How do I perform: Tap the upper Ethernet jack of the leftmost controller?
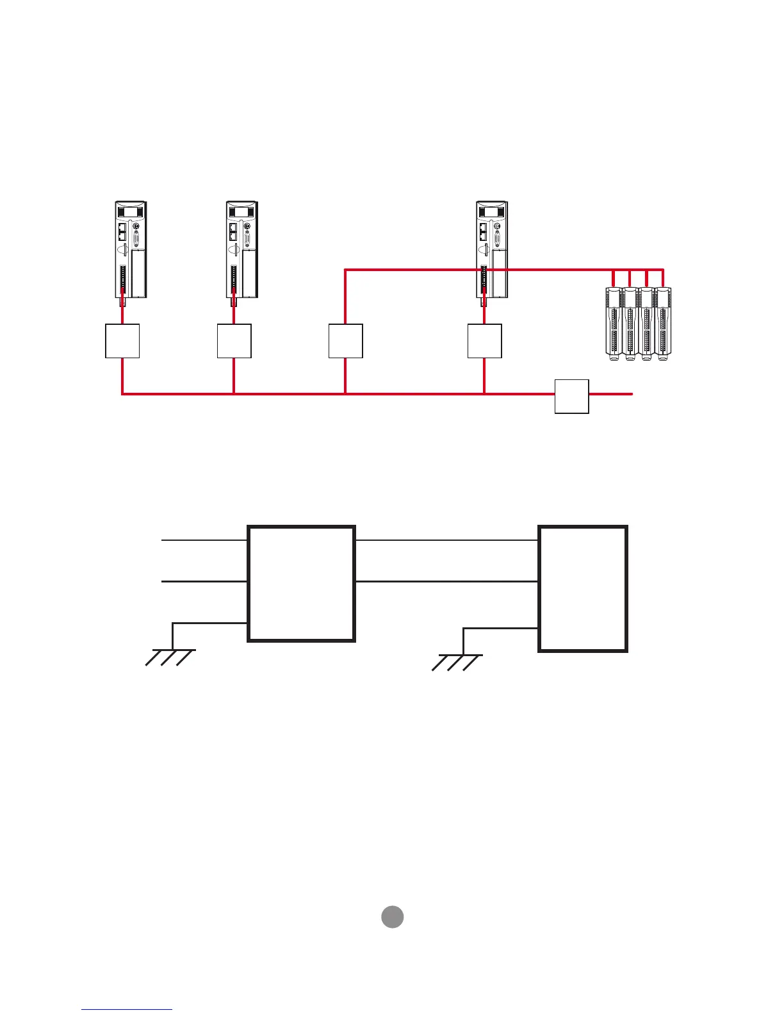tap(122, 226)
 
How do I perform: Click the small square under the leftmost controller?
tap(122, 341)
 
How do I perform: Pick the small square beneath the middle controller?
tap(234, 341)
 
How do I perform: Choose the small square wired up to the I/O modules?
tap(345, 341)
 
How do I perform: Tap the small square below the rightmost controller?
tap(484, 341)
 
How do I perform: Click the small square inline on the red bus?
tap(571, 396)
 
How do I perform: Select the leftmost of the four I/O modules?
tap(614, 324)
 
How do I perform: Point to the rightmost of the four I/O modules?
tap(663, 324)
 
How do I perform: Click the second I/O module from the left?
tap(630, 324)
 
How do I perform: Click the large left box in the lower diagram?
tap(301, 584)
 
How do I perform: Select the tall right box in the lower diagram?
tap(583, 588)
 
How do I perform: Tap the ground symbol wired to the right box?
tap(457, 662)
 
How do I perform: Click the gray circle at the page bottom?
tap(393, 917)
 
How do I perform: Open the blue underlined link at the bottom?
tap(127, 1010)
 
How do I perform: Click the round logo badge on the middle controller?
tap(247, 226)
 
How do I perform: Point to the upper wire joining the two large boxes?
tap(446, 540)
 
